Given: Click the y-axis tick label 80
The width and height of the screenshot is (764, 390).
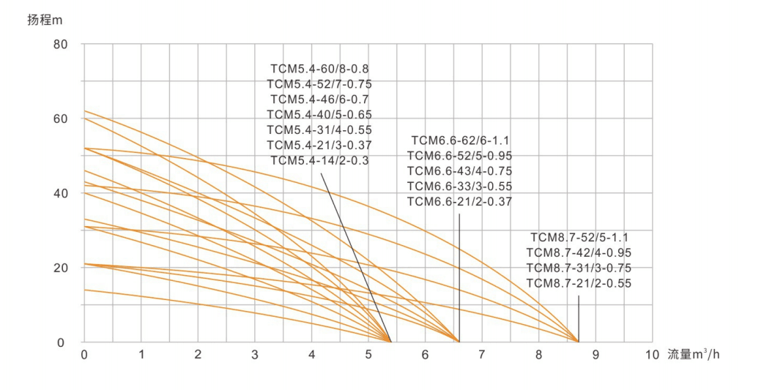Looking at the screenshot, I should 60,45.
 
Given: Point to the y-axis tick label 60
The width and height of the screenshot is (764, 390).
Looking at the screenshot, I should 60,119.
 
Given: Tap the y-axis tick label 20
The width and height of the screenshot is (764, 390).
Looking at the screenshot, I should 60,268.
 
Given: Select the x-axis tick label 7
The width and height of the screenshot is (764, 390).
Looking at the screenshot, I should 482,356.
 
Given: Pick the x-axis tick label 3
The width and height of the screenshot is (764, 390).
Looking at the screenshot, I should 255,356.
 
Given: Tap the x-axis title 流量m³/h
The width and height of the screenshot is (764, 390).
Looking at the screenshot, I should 694,355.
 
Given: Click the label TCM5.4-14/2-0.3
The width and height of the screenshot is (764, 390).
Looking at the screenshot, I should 319,160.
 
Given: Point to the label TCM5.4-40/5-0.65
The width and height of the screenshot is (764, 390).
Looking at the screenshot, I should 319,115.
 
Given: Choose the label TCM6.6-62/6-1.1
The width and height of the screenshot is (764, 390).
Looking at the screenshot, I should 460,140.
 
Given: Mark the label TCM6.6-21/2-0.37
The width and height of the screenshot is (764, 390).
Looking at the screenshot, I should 459,201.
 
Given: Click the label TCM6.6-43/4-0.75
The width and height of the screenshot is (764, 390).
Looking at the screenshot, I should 459,170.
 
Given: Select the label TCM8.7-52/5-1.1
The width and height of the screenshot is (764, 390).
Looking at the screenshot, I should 580,237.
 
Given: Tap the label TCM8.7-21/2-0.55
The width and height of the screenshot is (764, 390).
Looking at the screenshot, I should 579,283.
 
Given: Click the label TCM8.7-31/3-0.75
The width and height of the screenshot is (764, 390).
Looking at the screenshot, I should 579,268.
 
